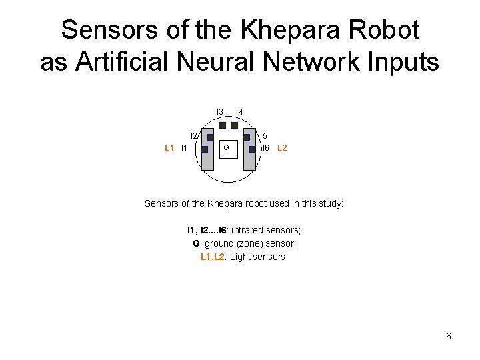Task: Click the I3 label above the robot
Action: point(219,111)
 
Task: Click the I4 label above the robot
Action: point(239,111)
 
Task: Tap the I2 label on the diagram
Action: point(194,136)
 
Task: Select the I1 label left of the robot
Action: point(184,148)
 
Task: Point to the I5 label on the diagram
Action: point(263,136)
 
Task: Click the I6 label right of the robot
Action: point(265,148)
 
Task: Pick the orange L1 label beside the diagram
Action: point(169,148)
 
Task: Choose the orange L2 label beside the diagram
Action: point(282,148)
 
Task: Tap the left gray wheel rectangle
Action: point(207,160)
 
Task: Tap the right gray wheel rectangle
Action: point(249,160)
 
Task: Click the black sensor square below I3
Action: point(223,125)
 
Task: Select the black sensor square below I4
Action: point(235,125)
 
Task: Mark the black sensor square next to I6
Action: point(252,149)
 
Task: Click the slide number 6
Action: point(449,337)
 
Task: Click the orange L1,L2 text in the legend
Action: point(213,257)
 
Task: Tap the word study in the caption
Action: point(330,203)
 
